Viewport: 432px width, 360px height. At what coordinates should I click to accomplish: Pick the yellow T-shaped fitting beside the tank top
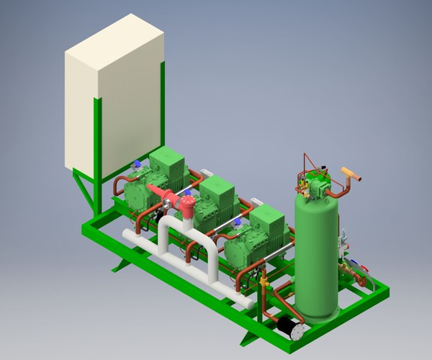click(351, 174)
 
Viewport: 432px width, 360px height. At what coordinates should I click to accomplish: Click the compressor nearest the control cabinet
click(155, 180)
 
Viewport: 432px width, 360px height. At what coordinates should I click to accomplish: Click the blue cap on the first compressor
click(136, 164)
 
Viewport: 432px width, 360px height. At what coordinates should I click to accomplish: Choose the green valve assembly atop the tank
click(317, 184)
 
